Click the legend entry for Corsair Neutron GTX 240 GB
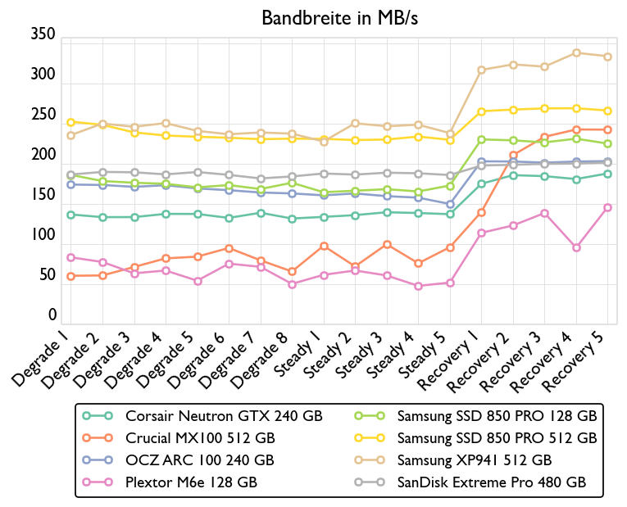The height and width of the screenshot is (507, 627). [x=224, y=416]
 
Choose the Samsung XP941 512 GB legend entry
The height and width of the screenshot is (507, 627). [x=476, y=460]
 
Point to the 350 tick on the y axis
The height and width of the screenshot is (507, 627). [x=42, y=34]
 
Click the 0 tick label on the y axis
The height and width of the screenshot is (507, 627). [x=52, y=315]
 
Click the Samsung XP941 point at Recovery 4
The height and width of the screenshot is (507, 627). [x=576, y=53]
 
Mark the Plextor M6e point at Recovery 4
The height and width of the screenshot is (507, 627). [x=576, y=247]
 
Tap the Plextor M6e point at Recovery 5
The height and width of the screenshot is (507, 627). [x=607, y=207]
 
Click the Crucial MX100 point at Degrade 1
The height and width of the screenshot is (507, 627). [x=70, y=276]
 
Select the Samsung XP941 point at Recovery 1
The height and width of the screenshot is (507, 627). [x=481, y=70]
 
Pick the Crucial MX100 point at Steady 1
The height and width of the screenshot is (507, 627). [x=324, y=247]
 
